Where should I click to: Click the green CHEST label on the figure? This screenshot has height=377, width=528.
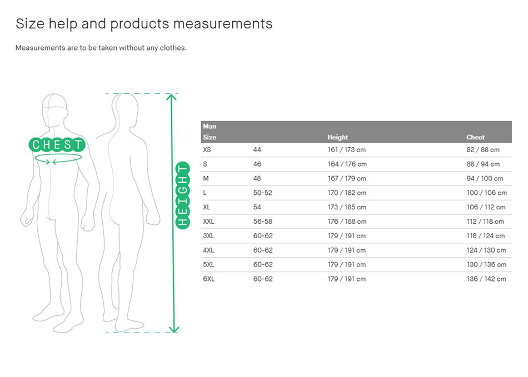[57, 144]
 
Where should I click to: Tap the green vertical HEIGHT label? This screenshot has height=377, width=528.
[183, 195]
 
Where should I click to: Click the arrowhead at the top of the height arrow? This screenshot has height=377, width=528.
[171, 97]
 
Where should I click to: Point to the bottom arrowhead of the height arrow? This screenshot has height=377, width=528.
[174, 329]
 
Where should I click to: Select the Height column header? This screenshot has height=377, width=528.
[338, 137]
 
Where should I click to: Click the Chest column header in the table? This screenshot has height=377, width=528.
[475, 137]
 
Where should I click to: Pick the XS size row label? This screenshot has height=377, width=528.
[207, 150]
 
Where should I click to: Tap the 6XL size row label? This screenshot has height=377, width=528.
[208, 279]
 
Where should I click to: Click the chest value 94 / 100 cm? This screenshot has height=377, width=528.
[485, 179]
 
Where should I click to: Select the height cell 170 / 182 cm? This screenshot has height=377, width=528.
[347, 193]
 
